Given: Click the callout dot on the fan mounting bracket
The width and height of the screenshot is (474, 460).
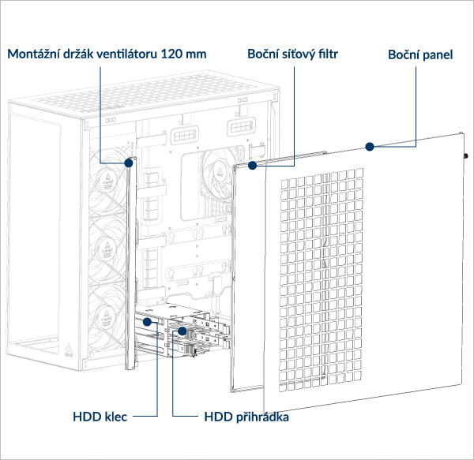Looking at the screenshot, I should click(x=128, y=163).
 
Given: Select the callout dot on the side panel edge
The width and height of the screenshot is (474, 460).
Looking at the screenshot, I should click(x=368, y=146).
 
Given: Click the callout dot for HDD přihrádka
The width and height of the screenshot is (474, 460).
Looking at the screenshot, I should click(x=182, y=334).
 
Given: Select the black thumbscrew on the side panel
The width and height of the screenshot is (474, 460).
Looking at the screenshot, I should click(x=467, y=156).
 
